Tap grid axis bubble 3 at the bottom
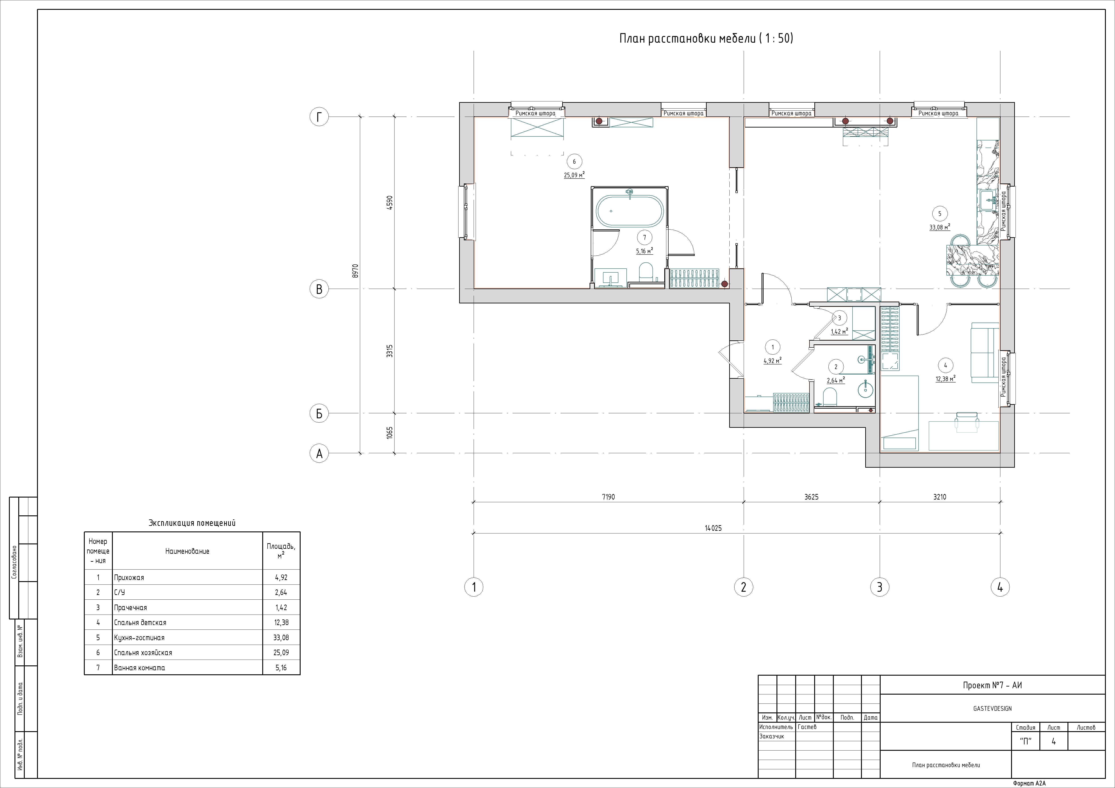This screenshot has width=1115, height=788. (x=880, y=587)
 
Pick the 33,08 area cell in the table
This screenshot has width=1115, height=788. (x=281, y=638)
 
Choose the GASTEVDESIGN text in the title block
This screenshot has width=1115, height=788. (x=992, y=708)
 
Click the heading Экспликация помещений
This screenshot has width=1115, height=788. (x=192, y=523)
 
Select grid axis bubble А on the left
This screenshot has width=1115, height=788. (x=319, y=453)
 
